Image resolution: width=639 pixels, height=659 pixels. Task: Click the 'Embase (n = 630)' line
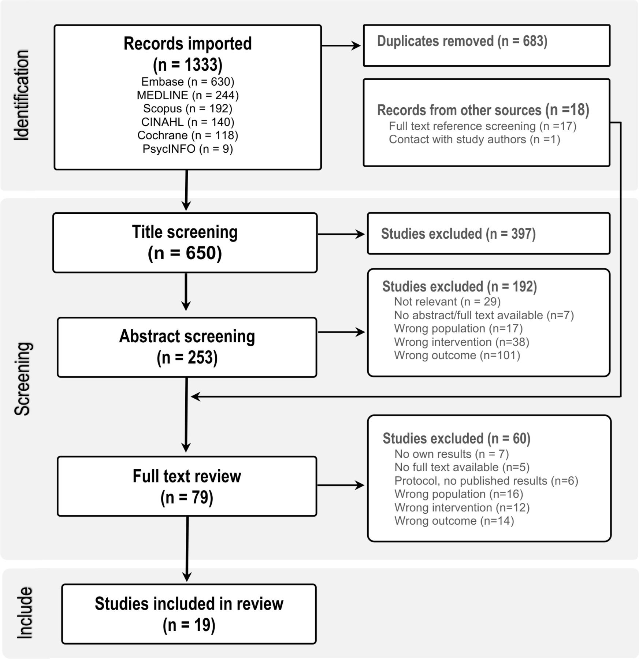click(187, 82)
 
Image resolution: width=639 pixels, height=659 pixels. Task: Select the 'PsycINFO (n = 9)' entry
click(187, 149)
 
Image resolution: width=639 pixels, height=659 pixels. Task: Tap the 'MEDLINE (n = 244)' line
click(187, 95)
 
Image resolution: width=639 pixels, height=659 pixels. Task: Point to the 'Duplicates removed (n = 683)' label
click(462, 41)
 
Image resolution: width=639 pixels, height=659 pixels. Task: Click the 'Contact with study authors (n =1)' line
click(475, 139)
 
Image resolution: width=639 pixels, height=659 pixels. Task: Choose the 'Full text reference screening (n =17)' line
click(483, 126)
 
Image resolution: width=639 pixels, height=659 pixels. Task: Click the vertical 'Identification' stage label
click(22, 95)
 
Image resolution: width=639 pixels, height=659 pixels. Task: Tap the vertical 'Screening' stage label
click(23, 379)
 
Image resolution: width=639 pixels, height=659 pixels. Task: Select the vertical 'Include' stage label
click(25, 613)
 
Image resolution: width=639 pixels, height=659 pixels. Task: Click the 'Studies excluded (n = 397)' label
click(458, 234)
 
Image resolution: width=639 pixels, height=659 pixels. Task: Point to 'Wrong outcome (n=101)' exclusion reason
click(457, 355)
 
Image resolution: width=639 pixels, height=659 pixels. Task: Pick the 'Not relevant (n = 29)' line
click(447, 302)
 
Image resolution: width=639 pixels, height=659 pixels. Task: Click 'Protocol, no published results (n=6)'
click(486, 481)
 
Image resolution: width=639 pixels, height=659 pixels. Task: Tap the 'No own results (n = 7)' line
click(452, 454)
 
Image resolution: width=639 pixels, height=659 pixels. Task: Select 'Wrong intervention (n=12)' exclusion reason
click(462, 507)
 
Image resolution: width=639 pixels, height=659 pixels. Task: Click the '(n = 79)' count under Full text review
click(187, 498)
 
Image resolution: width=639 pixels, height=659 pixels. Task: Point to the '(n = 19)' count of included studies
click(189, 625)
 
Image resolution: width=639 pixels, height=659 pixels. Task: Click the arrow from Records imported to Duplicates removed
click(341, 46)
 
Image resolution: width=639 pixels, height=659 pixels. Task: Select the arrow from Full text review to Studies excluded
click(341, 485)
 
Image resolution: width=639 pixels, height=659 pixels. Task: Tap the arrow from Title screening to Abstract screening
click(186, 292)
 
